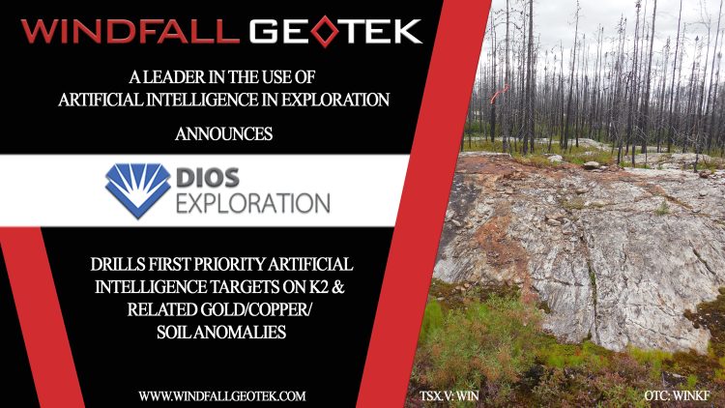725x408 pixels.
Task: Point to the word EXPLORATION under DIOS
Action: point(253,203)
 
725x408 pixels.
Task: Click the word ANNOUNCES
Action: point(223,134)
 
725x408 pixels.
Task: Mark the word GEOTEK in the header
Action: point(336,31)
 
